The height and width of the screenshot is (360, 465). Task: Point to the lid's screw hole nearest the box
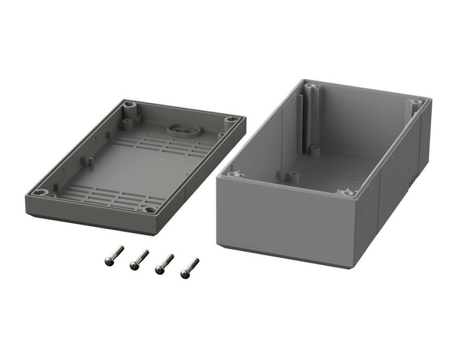click(233, 119)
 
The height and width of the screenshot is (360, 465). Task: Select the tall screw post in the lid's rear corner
click(128, 110)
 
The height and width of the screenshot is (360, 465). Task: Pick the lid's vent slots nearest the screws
click(111, 195)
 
